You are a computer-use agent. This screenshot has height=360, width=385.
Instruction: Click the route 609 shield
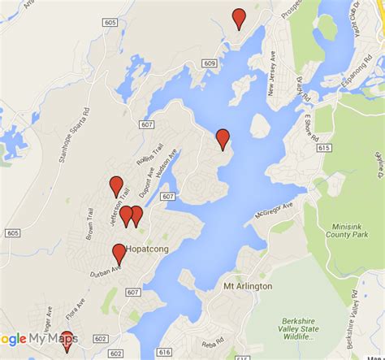(211, 63)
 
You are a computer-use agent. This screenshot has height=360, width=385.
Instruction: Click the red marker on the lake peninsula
(223, 138)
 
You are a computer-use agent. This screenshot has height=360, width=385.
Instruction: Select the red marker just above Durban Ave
(119, 253)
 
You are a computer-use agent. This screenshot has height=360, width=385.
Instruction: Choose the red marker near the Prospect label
(239, 17)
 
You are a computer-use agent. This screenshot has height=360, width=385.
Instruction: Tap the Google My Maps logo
(39, 339)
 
